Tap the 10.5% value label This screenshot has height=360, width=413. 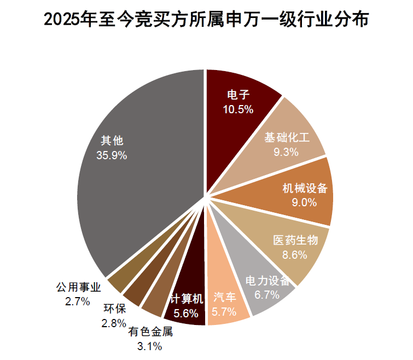pyautogui.click(x=238, y=109)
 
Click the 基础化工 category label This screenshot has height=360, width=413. pyautogui.click(x=287, y=137)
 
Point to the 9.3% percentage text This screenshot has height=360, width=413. pyautogui.click(x=286, y=152)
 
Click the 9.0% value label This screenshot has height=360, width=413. pyautogui.click(x=305, y=202)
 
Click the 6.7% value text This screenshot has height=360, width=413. pyautogui.click(x=267, y=295)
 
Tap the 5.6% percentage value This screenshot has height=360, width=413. pyautogui.click(x=186, y=313)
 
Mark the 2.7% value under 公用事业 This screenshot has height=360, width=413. pyautogui.click(x=77, y=301)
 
